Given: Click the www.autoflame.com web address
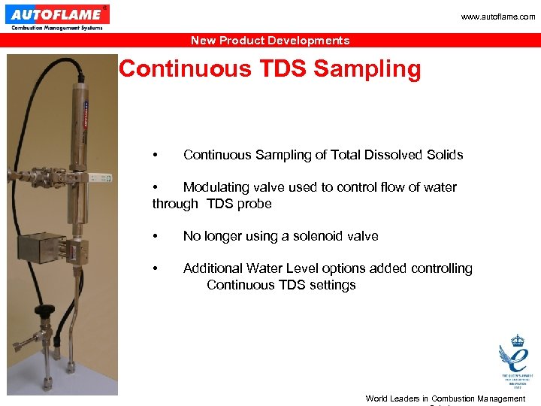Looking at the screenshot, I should point(499,17).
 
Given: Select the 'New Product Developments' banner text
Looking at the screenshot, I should point(270,41).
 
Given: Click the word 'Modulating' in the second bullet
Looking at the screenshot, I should point(216,187).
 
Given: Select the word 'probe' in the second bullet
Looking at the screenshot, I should point(254,204).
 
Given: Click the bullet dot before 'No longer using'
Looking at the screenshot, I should point(155,236).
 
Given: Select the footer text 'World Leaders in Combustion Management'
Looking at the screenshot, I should point(445,398).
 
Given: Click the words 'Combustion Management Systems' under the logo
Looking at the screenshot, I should point(56,28).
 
